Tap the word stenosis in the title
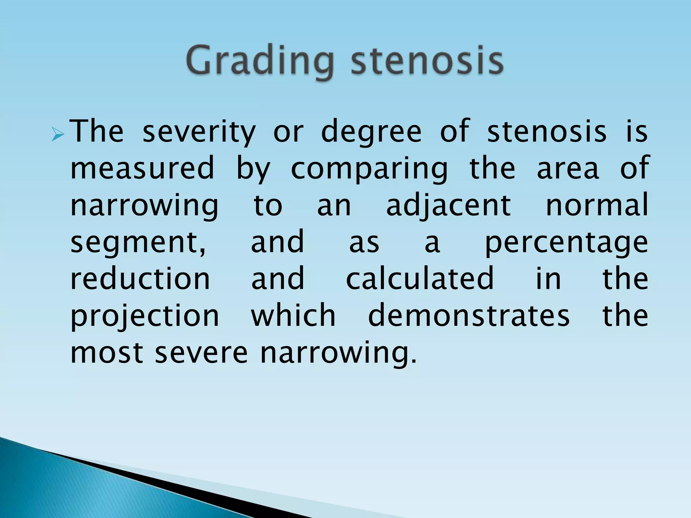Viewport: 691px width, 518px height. click(x=427, y=61)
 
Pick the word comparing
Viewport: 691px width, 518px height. click(x=369, y=169)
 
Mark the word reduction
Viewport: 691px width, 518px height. click(x=140, y=278)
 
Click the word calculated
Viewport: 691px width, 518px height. click(x=420, y=278)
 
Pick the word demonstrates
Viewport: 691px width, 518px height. click(x=469, y=315)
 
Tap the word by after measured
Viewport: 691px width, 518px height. click(x=253, y=169)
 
